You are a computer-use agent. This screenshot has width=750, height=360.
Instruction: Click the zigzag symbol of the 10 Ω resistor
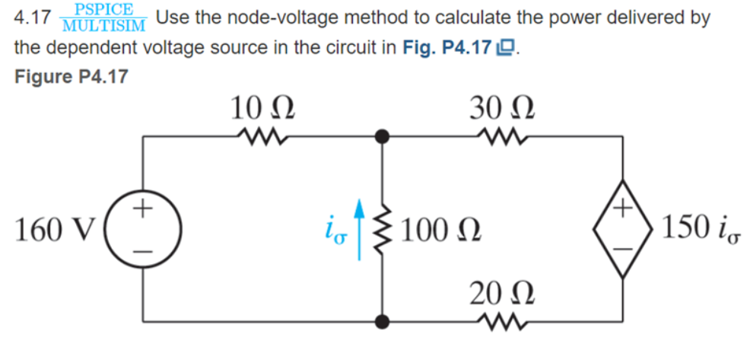coord(261,137)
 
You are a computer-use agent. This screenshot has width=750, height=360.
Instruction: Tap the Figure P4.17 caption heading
coord(72,77)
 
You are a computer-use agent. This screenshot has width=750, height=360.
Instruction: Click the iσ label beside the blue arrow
coord(335,229)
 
